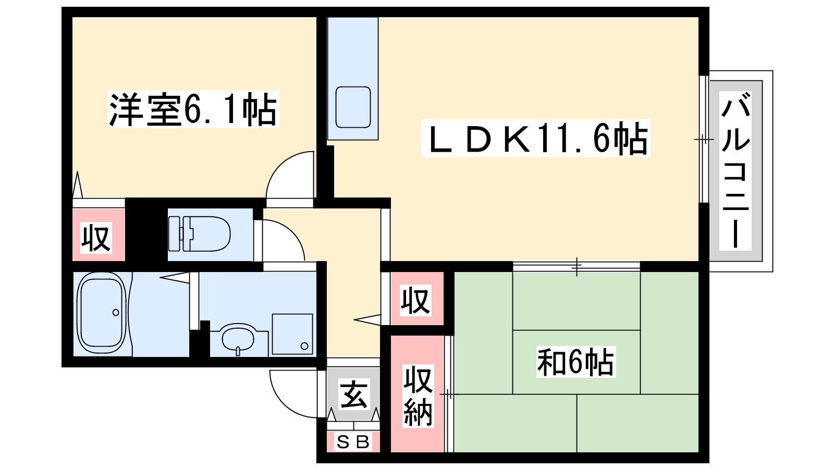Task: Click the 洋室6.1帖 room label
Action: click(193, 109)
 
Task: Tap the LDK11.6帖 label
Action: click(535, 139)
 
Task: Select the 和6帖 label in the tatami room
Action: click(575, 362)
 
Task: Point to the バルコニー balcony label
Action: click(735, 170)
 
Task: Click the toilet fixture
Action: click(199, 234)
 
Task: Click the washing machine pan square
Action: click(292, 334)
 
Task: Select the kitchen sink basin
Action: click(353, 107)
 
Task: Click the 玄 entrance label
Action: click(354, 394)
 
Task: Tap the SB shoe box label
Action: click(353, 442)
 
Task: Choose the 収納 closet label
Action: click(418, 396)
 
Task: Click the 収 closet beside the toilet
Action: click(96, 238)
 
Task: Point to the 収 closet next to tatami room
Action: click(415, 300)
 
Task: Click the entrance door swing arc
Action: click(293, 394)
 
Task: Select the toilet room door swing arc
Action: click(284, 240)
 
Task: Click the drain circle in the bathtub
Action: click(116, 312)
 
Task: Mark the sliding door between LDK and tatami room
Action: click(577, 266)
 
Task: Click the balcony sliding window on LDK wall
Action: click(703, 139)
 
